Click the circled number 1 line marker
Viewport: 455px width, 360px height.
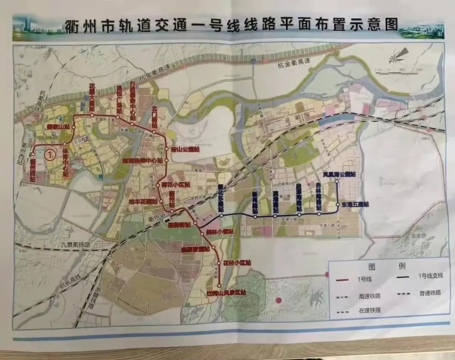pyautogui.click(x=50, y=153)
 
